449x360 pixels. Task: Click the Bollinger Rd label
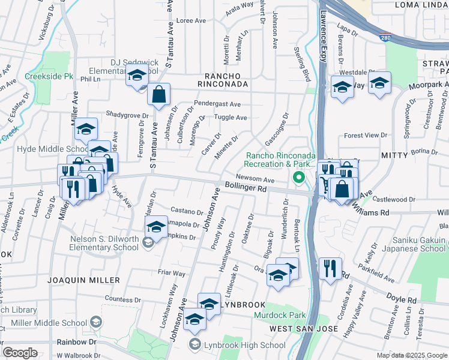(246, 187)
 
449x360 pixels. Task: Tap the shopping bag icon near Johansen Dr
(158, 94)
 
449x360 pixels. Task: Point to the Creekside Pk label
(49, 77)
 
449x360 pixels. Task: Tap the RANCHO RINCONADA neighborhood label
(226, 85)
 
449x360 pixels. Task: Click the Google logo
(20, 353)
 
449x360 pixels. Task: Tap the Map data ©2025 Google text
(411, 355)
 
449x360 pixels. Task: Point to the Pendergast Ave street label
(217, 104)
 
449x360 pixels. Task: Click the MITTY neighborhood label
(395, 155)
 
